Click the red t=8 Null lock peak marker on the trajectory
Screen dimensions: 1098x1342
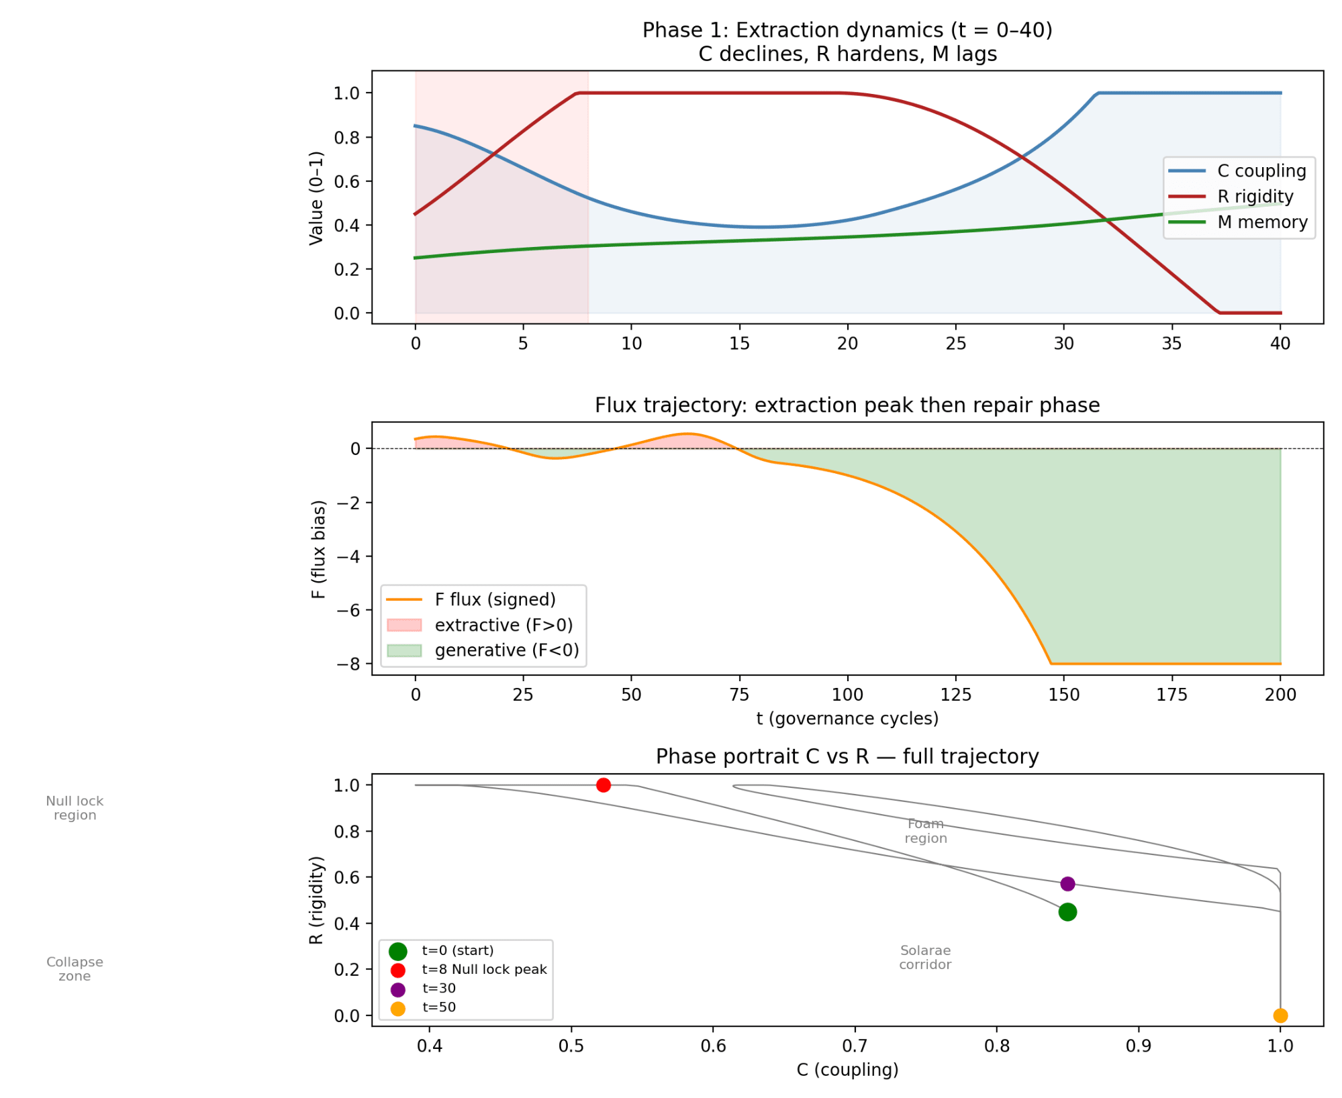[603, 785]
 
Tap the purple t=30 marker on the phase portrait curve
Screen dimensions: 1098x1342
[1067, 884]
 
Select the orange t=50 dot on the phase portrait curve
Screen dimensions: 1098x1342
[1280, 1015]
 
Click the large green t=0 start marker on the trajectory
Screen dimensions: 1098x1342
[1067, 912]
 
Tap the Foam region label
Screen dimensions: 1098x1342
[926, 831]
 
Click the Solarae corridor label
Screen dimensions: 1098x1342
[925, 958]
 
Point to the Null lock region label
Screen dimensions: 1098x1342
[75, 808]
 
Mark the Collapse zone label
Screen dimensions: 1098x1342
[75, 969]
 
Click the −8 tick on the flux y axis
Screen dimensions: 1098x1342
[351, 664]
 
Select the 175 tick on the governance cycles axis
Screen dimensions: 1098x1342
[1171, 695]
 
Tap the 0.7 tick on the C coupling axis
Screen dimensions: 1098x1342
[855, 1046]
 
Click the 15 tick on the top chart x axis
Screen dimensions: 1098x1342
[739, 344]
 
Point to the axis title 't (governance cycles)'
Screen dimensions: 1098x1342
[847, 719]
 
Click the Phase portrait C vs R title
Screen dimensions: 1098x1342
[847, 756]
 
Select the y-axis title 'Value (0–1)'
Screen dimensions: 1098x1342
[316, 198]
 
